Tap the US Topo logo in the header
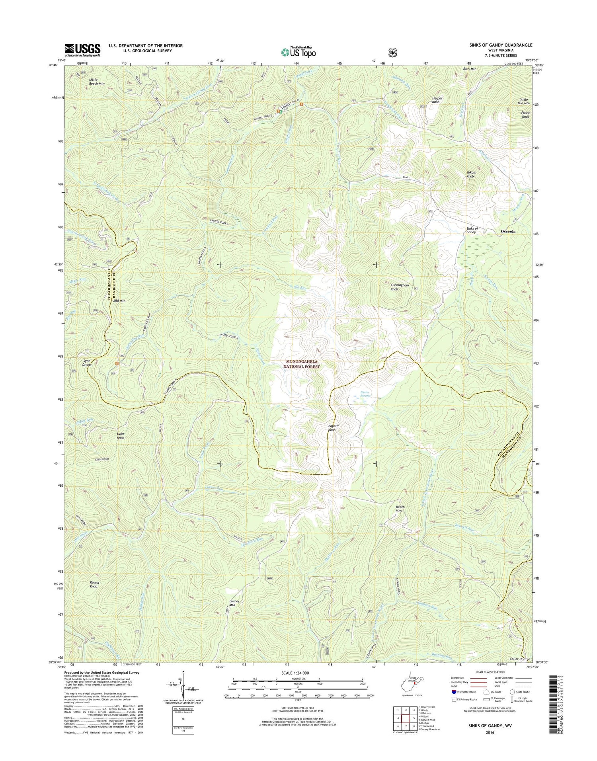[x=298, y=52]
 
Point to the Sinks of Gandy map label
[x=472, y=230]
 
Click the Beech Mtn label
[x=400, y=509]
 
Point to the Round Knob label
[x=94, y=584]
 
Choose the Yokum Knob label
[x=471, y=174]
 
